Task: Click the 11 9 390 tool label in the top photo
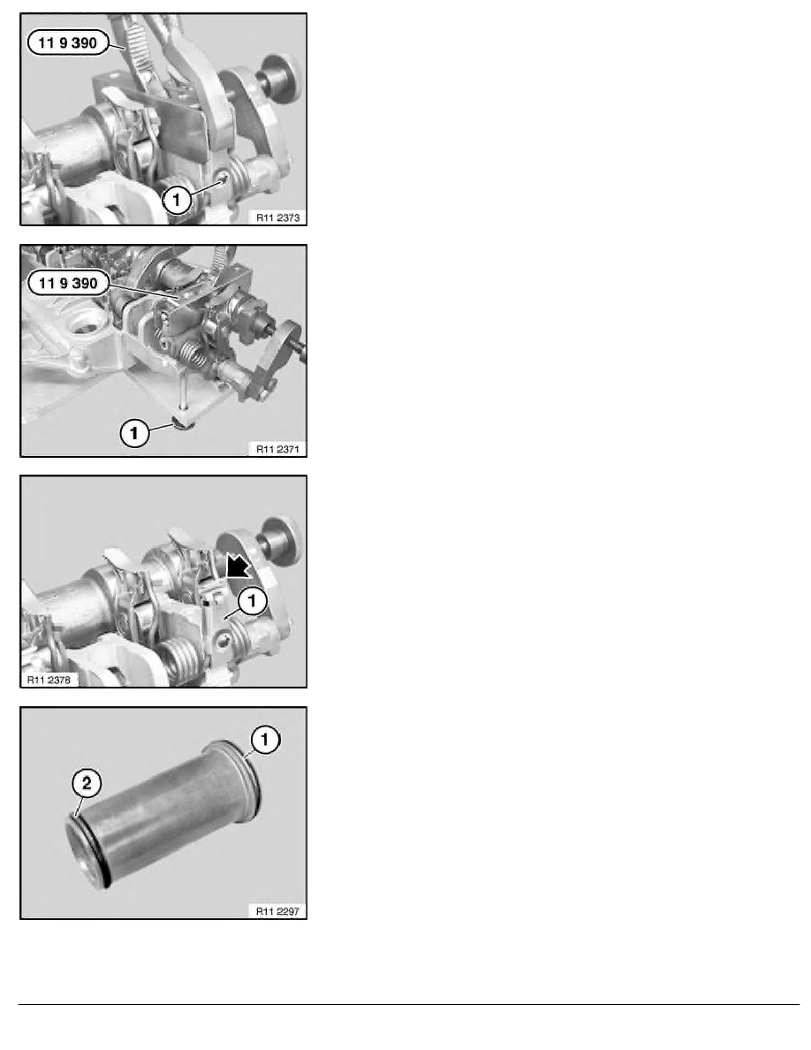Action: pyautogui.click(x=67, y=42)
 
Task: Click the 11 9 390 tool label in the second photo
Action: pyautogui.click(x=67, y=283)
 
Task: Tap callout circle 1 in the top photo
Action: pyautogui.click(x=177, y=200)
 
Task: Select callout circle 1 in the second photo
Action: pyautogui.click(x=134, y=432)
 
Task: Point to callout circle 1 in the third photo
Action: pyautogui.click(x=253, y=600)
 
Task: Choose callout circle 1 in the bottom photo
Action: pyautogui.click(x=265, y=739)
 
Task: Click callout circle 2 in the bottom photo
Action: pyautogui.click(x=87, y=782)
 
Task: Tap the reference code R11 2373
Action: pyautogui.click(x=277, y=217)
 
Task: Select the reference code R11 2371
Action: pyautogui.click(x=277, y=449)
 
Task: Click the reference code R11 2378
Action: pyautogui.click(x=49, y=680)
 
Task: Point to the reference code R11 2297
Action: pyautogui.click(x=277, y=911)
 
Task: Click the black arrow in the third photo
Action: pyautogui.click(x=237, y=566)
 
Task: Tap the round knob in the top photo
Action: pyautogui.click(x=283, y=79)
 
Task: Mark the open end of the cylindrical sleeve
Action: pyautogui.click(x=87, y=854)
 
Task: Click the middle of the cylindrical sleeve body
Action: pyautogui.click(x=164, y=814)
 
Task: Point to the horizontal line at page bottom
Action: pyautogui.click(x=409, y=1004)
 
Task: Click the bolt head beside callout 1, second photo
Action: pyautogui.click(x=182, y=422)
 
